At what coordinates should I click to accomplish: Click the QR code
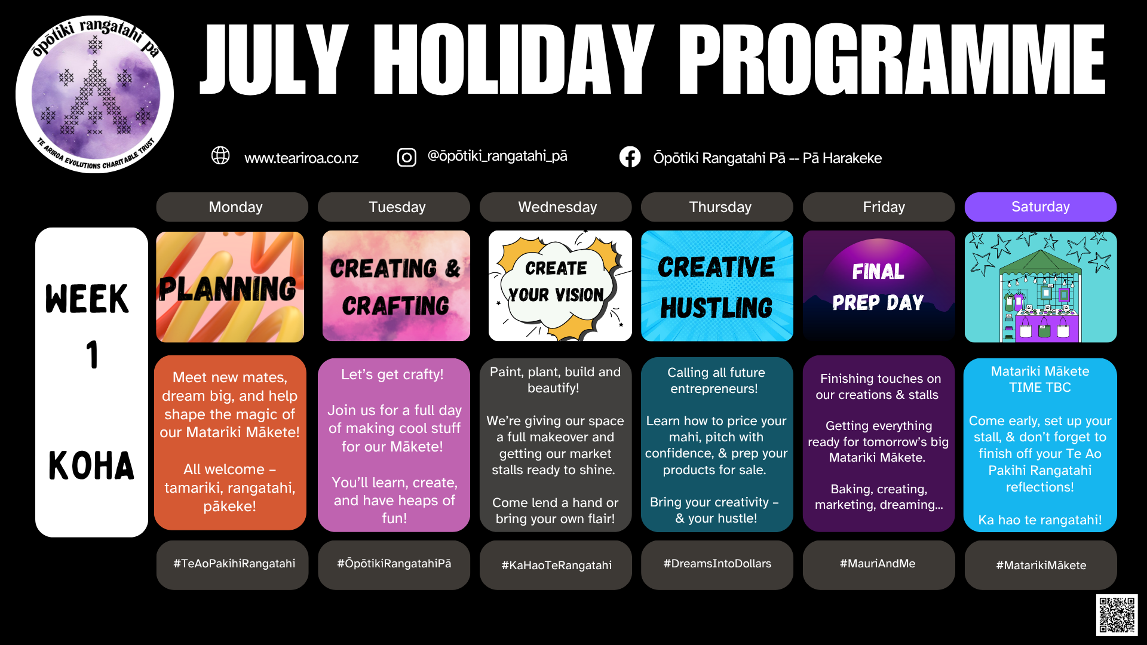click(1117, 615)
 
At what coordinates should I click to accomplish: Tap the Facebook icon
click(630, 157)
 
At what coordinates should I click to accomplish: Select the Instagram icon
click(407, 157)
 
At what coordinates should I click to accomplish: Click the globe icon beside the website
click(220, 155)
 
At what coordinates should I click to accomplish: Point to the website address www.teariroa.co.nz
click(302, 158)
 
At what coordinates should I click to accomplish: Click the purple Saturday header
click(1040, 207)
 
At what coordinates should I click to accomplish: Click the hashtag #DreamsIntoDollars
click(717, 563)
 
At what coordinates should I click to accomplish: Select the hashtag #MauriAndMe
click(878, 563)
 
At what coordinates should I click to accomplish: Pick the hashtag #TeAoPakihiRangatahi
click(234, 563)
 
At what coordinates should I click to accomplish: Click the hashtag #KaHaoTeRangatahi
click(556, 565)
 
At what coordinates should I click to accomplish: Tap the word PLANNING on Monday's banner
click(227, 289)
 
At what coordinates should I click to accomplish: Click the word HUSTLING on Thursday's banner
click(716, 308)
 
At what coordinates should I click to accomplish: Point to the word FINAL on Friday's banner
click(878, 272)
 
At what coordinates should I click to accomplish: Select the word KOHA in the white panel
click(91, 466)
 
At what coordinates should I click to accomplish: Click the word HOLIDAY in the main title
click(514, 60)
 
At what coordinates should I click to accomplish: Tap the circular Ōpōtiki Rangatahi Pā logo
click(94, 94)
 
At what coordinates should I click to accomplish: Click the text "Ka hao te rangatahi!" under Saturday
click(1040, 520)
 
